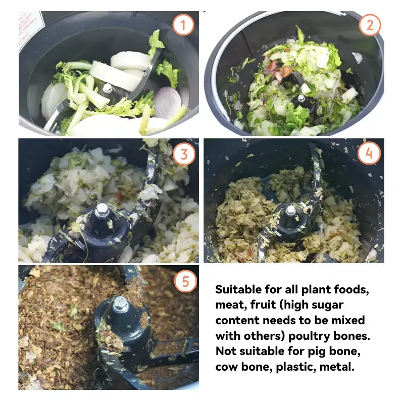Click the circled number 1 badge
(183, 25)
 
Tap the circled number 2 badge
(370, 25)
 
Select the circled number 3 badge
(184, 154)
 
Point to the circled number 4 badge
(369, 154)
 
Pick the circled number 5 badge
(185, 281)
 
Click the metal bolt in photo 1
(108, 88)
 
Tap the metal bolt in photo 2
(301, 98)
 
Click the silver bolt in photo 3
(102, 210)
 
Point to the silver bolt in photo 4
(291, 210)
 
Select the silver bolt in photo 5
(120, 304)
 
